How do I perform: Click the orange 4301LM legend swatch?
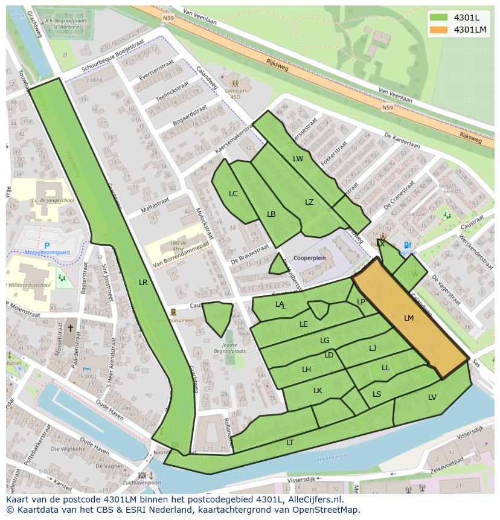tap(440, 30)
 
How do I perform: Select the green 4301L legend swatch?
tap(440, 18)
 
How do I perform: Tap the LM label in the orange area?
tap(409, 318)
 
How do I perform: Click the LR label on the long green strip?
tap(143, 282)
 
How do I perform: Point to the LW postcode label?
tap(298, 159)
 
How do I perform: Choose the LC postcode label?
tap(234, 194)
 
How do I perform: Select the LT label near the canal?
tap(290, 442)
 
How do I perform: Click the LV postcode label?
tap(432, 397)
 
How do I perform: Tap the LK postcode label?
tap(318, 391)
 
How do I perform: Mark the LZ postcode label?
tap(309, 202)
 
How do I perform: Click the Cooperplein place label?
tap(309, 258)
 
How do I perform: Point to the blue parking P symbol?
tap(47, 246)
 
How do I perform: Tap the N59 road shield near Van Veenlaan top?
tap(168, 18)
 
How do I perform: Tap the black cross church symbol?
tap(70, 328)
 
